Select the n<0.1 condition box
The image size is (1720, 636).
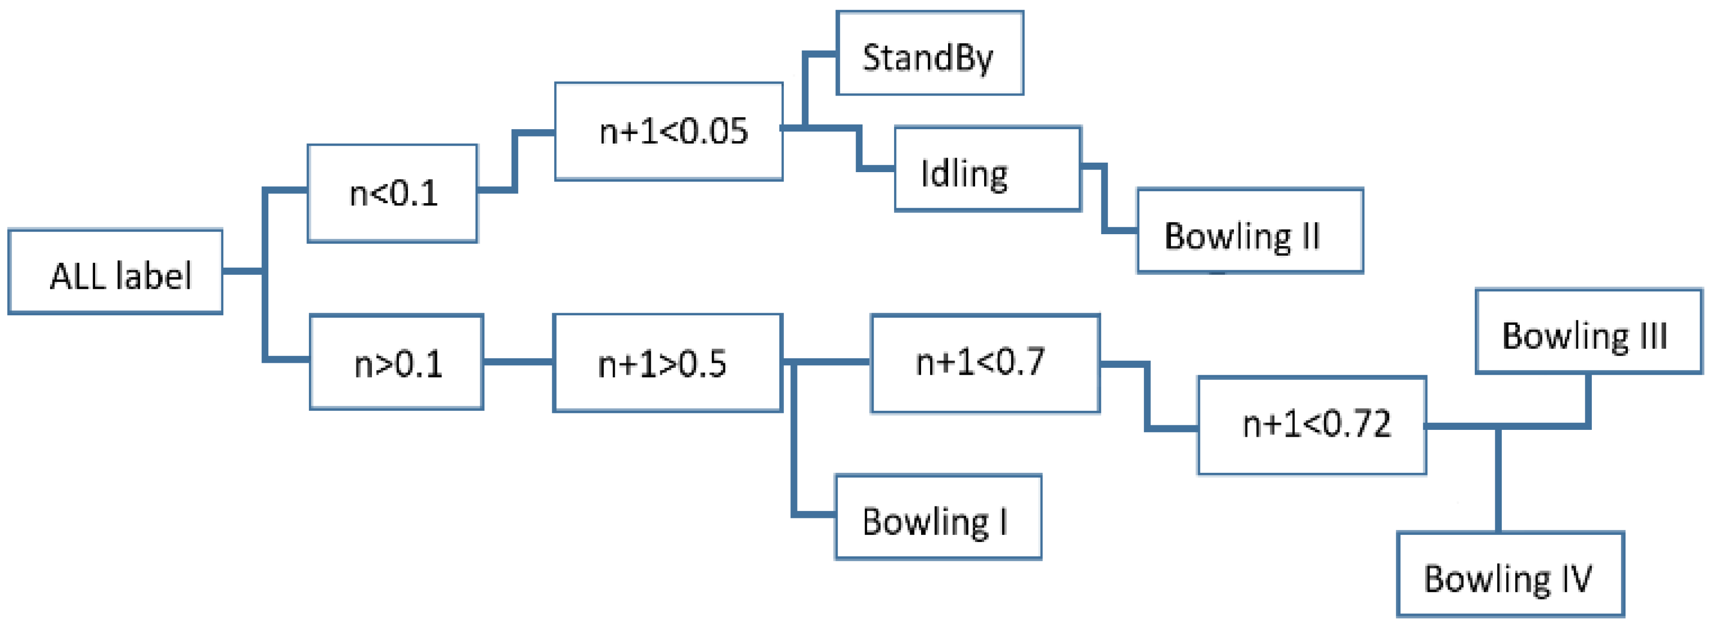click(392, 194)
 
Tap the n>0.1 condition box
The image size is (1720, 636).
click(396, 362)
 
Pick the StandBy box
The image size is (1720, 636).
click(930, 54)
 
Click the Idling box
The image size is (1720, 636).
click(988, 170)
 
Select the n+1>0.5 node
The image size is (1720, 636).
click(667, 363)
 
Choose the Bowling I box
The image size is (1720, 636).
click(938, 517)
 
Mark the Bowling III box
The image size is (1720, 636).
click(1588, 332)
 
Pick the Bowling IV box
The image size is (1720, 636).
click(1510, 574)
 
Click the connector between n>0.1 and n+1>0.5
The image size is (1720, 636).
click(518, 362)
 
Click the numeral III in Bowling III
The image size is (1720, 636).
click(1654, 336)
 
